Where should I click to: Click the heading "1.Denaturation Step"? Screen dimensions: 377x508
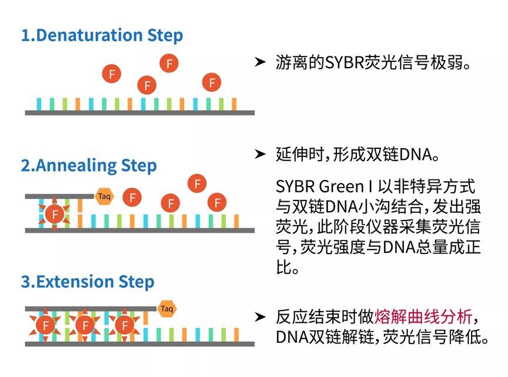102,35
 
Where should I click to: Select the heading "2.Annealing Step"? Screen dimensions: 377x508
89,165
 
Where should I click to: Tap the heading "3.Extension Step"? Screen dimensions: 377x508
88,282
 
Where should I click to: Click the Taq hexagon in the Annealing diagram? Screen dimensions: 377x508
104,196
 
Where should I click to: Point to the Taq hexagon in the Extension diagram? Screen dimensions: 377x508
167,308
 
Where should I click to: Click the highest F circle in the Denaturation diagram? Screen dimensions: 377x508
169,63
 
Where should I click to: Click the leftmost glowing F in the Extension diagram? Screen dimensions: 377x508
45,325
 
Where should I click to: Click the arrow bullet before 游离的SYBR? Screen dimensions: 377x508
260,62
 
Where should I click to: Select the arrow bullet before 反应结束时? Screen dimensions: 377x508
260,317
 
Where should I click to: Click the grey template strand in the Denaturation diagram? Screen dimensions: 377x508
139,112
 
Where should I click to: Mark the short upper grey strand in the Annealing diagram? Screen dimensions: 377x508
59,195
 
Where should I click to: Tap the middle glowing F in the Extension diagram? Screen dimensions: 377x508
85,325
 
